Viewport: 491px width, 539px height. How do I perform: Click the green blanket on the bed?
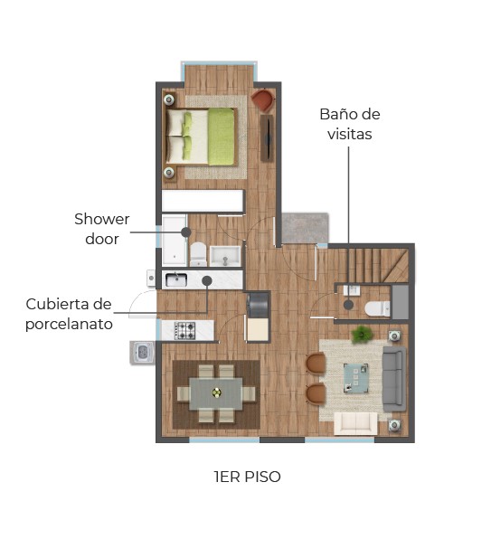[x=221, y=137]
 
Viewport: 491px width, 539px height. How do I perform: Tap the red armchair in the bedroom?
[x=263, y=99]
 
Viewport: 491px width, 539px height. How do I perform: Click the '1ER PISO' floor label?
[x=247, y=477]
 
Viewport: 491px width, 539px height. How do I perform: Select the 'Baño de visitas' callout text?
[x=349, y=124]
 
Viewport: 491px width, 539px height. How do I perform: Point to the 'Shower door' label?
[x=101, y=229]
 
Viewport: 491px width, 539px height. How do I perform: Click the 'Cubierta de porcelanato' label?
[x=69, y=314]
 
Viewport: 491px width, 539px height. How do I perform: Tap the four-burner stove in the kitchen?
[x=184, y=331]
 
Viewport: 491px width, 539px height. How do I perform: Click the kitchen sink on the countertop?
[x=176, y=280]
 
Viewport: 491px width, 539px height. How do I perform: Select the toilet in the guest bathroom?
[x=377, y=308]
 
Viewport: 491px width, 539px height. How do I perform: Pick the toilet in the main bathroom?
[x=198, y=254]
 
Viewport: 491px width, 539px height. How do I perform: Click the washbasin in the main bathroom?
[x=225, y=256]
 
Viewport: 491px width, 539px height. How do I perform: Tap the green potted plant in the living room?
[x=363, y=334]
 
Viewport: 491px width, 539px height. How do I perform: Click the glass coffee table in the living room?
[x=356, y=378]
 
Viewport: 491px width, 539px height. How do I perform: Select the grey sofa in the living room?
[x=394, y=379]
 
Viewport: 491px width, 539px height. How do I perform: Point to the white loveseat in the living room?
[x=355, y=423]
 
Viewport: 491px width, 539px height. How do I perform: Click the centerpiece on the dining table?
[x=216, y=392]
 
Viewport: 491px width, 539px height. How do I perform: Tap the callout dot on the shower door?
[x=186, y=232]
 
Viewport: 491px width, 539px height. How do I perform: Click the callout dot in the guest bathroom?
[x=348, y=305]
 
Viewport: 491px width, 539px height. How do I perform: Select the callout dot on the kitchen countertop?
[x=207, y=281]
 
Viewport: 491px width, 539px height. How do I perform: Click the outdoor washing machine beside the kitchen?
[x=143, y=352]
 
